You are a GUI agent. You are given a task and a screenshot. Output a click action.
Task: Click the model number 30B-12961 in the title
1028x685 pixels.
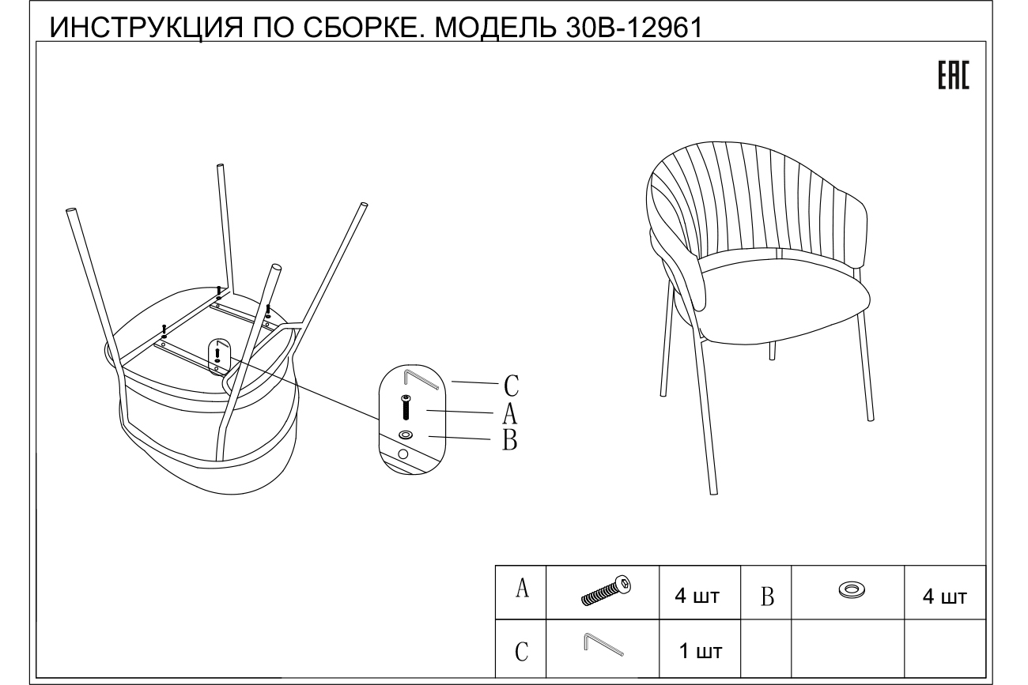[x=634, y=28]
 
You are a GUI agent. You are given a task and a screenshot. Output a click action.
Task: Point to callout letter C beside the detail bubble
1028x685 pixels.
[x=512, y=386]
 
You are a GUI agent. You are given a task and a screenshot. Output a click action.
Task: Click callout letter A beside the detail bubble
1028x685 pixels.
[x=509, y=413]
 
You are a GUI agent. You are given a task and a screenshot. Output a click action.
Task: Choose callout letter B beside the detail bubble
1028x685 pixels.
[x=510, y=440]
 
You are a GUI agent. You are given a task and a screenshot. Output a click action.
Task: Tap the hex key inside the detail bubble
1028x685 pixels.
[x=421, y=379]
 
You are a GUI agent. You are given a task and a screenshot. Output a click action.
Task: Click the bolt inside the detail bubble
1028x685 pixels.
[x=406, y=407]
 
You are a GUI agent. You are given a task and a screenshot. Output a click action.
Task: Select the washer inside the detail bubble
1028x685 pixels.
[x=405, y=435]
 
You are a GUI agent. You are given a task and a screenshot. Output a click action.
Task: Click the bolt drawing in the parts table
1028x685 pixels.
[x=606, y=591]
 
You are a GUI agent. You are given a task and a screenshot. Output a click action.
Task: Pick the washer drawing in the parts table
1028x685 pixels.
[x=852, y=589]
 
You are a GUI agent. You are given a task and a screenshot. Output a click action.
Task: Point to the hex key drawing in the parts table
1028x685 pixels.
[x=603, y=645]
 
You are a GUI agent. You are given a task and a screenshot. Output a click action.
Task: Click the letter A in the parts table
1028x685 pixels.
[x=522, y=589]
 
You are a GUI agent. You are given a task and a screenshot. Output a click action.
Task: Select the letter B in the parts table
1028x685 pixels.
[x=767, y=597]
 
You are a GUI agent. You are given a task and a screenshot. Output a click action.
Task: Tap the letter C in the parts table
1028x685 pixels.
[x=521, y=651]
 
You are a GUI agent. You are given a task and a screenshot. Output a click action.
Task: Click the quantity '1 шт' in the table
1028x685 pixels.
[x=701, y=651]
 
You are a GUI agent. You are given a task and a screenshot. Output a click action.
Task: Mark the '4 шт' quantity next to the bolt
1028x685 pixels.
[x=697, y=596]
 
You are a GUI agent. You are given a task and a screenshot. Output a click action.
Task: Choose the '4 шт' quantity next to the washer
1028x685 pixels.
[x=945, y=597]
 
